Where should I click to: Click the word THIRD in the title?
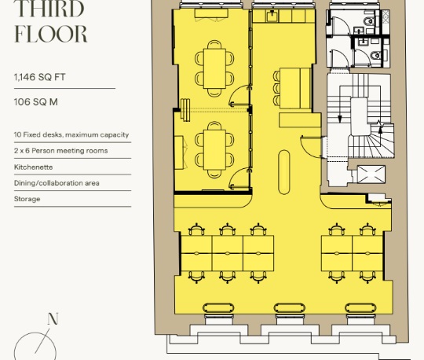click(49, 9)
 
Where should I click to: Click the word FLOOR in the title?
click(50, 34)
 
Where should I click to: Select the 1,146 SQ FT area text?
click(40, 77)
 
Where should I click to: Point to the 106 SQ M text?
click(35, 102)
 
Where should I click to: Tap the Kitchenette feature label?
click(33, 167)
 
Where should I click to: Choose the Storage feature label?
click(27, 199)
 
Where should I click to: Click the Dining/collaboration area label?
click(57, 183)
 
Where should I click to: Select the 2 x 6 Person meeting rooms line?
click(60, 151)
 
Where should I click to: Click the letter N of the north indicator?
click(53, 319)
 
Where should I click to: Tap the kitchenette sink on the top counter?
click(272, 16)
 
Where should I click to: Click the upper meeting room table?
click(214, 68)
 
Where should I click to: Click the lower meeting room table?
click(214, 149)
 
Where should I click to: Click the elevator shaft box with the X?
click(371, 174)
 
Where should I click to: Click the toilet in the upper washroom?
click(369, 21)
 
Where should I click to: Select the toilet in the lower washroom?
click(376, 56)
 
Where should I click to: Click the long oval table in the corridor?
click(283, 172)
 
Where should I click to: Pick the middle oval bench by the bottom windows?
click(289, 308)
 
